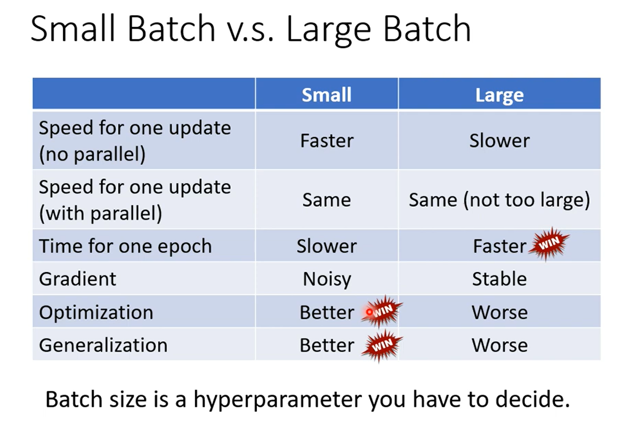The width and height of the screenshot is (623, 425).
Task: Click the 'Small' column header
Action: point(327,95)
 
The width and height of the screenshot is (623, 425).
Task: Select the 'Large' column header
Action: point(499,95)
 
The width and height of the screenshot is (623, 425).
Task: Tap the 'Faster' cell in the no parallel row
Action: point(327,140)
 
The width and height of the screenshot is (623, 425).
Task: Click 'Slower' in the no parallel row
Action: point(499,140)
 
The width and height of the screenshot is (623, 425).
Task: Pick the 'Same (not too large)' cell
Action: point(499,200)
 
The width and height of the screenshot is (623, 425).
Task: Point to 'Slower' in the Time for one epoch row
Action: point(327,246)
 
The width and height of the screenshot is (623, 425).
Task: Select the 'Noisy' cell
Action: point(327,279)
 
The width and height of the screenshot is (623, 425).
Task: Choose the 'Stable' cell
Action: point(499,279)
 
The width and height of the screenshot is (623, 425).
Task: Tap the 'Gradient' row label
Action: point(77,279)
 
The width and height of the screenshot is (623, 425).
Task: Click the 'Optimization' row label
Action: point(96,312)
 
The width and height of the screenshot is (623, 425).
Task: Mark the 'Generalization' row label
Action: point(103,345)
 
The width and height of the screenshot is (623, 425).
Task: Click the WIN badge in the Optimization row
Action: point(383,311)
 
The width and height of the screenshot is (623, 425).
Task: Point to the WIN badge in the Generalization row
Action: point(383,345)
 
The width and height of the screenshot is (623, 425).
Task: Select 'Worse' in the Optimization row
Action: point(499,312)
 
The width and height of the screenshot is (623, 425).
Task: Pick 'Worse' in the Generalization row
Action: point(499,345)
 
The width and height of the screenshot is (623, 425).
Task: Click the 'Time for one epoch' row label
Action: point(125,247)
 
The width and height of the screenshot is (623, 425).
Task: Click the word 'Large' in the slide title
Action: point(329,30)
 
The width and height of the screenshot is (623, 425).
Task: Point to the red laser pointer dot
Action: point(369,312)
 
